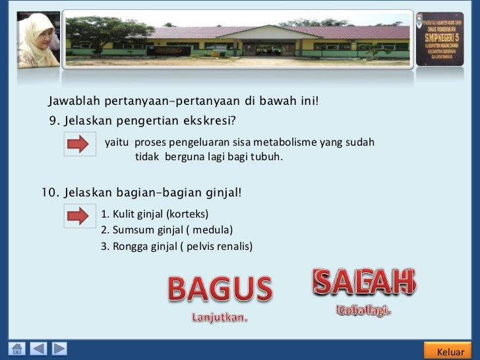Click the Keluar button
click(x=450, y=351)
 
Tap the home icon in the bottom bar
click(x=18, y=349)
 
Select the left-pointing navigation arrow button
click(x=39, y=349)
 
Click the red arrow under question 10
click(x=79, y=216)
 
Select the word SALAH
click(x=364, y=282)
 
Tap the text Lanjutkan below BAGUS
click(x=220, y=317)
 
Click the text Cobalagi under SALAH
click(x=364, y=310)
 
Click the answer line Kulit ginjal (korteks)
click(x=154, y=214)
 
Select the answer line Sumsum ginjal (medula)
click(x=167, y=230)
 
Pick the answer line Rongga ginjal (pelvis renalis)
click(x=177, y=247)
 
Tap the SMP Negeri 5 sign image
click(x=440, y=38)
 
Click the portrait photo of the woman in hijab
click(x=38, y=40)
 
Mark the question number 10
click(x=50, y=193)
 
